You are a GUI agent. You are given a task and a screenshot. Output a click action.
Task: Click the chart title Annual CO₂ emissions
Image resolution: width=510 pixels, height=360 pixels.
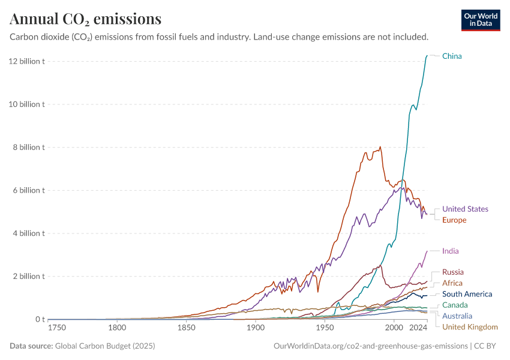point(86,19)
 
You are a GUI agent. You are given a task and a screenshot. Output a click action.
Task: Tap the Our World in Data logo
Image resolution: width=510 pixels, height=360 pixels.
point(480,20)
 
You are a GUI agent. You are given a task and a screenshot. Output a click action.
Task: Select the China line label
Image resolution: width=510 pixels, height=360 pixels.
point(452,56)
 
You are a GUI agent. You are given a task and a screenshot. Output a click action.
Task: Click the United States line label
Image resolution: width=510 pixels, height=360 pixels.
point(465,209)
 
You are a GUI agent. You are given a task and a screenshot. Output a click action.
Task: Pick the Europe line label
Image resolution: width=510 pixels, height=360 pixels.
point(454,220)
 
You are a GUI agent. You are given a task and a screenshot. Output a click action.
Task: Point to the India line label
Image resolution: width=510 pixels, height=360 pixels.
point(450,251)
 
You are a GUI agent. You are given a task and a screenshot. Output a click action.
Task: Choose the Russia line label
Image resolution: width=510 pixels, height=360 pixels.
point(453,272)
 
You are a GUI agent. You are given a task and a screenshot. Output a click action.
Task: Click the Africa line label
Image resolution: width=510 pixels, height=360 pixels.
point(452,283)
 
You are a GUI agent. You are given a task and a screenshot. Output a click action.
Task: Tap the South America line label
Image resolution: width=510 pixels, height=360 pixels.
point(467,294)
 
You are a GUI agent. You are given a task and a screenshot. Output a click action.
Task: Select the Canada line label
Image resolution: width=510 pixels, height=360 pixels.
point(455,305)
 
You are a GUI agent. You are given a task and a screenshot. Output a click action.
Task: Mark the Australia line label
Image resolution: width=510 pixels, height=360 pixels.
point(457,316)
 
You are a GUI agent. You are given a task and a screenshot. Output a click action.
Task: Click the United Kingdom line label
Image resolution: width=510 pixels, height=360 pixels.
point(470,327)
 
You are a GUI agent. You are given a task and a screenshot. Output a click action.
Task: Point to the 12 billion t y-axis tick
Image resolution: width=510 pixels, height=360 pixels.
point(26,61)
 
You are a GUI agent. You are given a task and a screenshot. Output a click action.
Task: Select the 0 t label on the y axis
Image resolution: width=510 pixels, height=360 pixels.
point(40,320)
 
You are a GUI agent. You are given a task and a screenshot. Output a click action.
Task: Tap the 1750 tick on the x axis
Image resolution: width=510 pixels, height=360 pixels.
point(57,328)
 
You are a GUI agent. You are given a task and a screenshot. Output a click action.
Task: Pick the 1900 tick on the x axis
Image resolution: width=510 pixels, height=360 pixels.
point(256,328)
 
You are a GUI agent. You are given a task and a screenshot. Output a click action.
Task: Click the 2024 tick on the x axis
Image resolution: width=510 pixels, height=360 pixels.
point(418,328)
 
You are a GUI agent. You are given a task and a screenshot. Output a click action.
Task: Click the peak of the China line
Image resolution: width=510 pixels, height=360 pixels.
point(427,56)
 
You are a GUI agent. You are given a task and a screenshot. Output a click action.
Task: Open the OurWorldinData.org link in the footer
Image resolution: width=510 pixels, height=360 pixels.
point(370,346)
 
